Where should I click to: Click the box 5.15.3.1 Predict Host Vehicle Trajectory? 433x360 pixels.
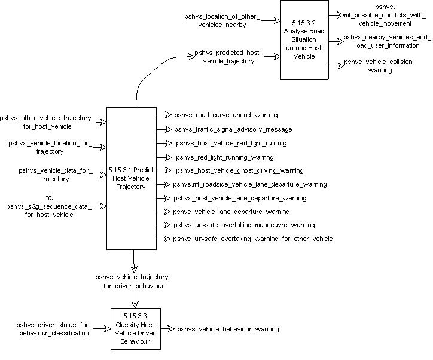point(132,178)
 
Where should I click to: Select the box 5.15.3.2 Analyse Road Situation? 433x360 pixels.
point(308,39)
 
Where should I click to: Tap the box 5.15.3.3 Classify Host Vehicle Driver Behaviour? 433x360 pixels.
point(136,328)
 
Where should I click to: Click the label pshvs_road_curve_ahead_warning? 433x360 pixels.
point(225,115)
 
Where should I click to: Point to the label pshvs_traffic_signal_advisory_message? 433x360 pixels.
point(233,129)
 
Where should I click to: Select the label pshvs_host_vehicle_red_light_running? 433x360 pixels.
point(231,143)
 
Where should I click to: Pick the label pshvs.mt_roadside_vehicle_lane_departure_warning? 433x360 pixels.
point(251,185)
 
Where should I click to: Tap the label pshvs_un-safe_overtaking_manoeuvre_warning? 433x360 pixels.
point(244,225)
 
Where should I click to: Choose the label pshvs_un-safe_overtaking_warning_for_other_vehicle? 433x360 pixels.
point(253,239)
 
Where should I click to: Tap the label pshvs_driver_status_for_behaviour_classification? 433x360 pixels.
point(53,328)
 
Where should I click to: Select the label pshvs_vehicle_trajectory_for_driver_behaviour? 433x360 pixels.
point(133,282)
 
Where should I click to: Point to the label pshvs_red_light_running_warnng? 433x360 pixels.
point(224,157)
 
